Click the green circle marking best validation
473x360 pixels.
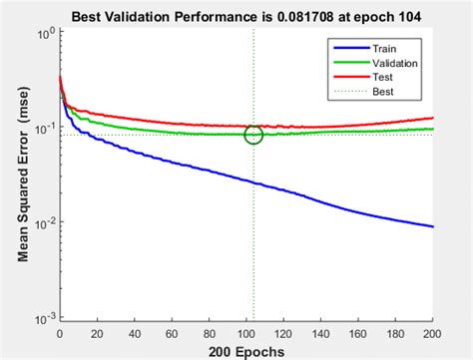(x=253, y=135)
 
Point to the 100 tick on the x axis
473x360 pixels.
(x=246, y=334)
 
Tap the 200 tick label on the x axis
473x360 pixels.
(x=433, y=334)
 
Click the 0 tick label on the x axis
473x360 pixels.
(x=60, y=334)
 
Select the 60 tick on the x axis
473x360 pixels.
(x=172, y=334)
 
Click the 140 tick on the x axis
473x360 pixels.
(x=321, y=334)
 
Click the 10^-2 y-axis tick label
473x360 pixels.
(x=43, y=223)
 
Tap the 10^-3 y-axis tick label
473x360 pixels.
(x=43, y=318)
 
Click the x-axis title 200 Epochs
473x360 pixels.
(x=245, y=351)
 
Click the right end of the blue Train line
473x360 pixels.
(x=433, y=226)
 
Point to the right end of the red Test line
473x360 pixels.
(x=433, y=118)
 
